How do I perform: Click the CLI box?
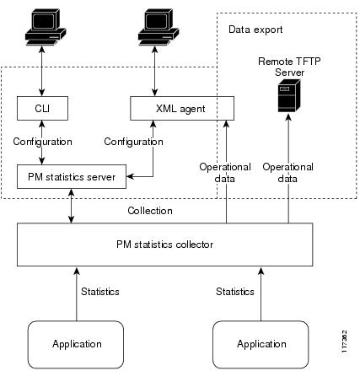coord(42,108)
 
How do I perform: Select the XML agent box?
coord(180,108)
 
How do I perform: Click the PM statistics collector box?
coord(164,244)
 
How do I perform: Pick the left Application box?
coord(77,343)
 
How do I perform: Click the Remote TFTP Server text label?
coord(288,67)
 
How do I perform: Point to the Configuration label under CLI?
coord(42,142)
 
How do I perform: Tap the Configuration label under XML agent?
coord(133,142)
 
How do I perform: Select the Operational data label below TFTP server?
coord(288,173)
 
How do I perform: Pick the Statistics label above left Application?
coord(99,291)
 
